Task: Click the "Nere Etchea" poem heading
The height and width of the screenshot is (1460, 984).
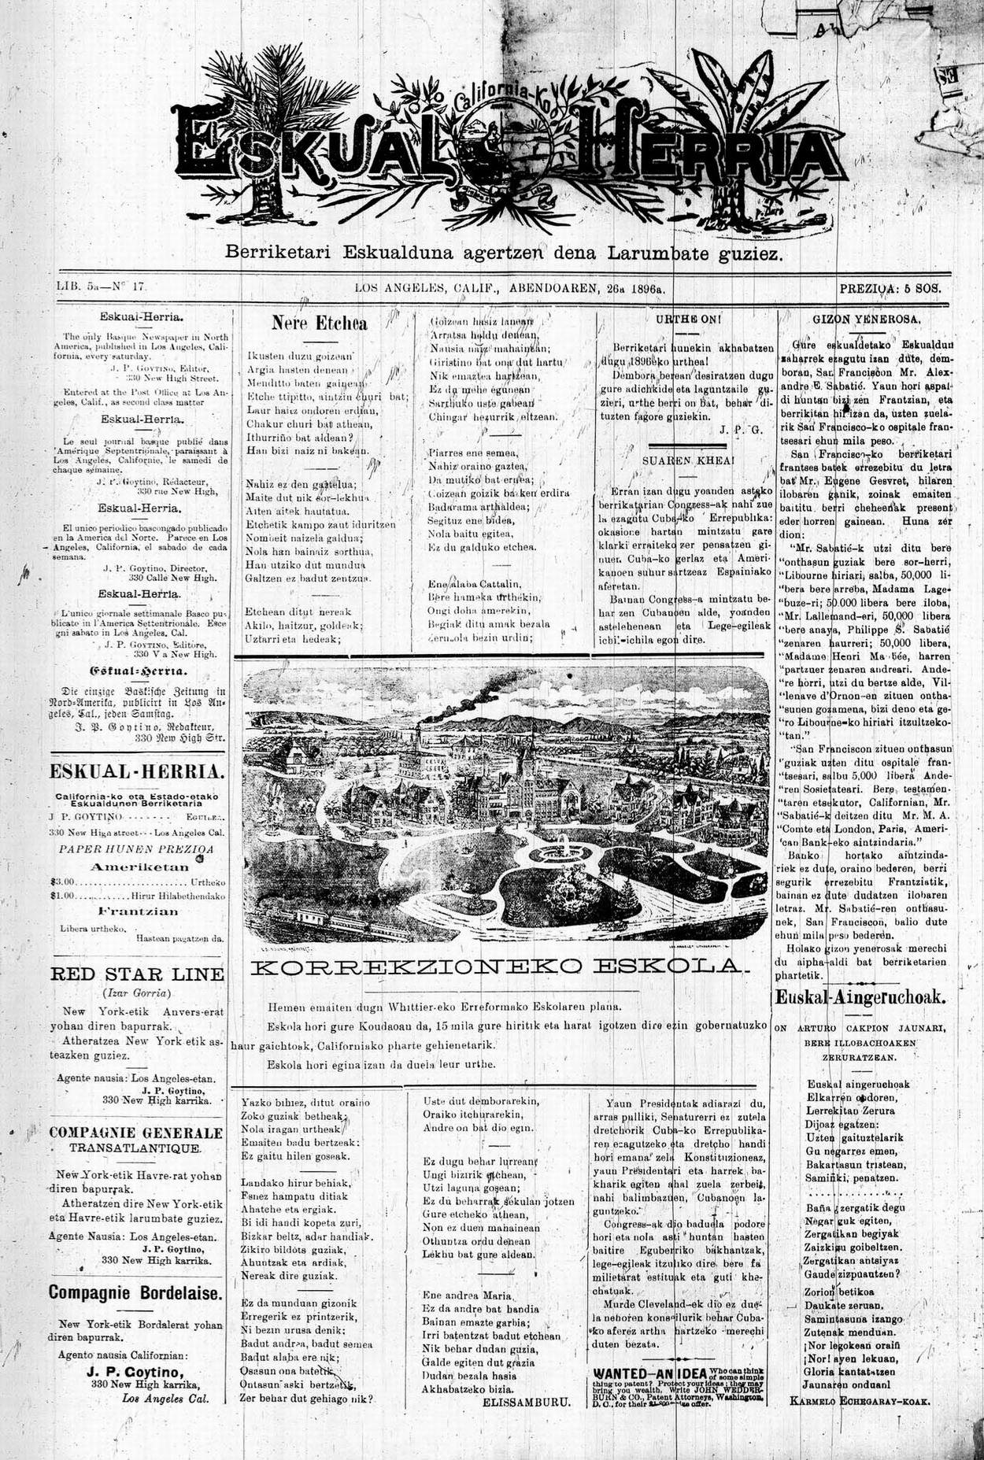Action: (319, 323)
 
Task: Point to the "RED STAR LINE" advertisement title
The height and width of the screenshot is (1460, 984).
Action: (137, 974)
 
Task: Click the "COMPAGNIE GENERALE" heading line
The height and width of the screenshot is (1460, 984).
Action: (136, 1133)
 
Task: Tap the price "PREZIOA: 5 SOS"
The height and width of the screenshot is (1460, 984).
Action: (890, 289)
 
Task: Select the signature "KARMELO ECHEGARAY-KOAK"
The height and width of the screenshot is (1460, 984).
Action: (860, 1402)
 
